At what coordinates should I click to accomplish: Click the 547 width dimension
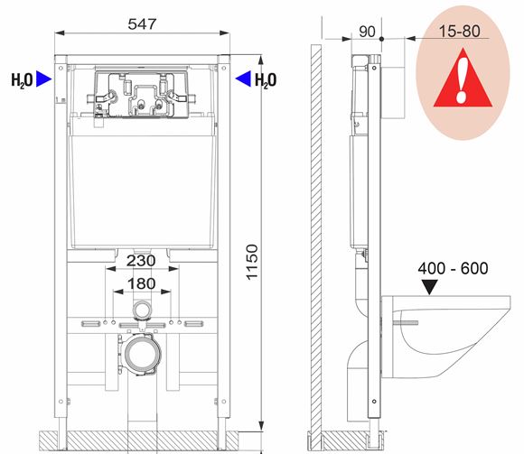[142, 24]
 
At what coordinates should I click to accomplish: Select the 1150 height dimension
[252, 262]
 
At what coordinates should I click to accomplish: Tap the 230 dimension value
[141, 261]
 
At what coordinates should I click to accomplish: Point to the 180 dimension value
[141, 283]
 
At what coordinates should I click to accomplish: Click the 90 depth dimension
[367, 32]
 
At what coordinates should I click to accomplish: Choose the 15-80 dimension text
[459, 31]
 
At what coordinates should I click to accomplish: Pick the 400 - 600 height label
[453, 268]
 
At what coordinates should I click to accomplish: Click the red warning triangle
[463, 79]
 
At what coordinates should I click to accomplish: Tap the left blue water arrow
[43, 79]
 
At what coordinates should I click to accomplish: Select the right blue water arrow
[243, 79]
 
